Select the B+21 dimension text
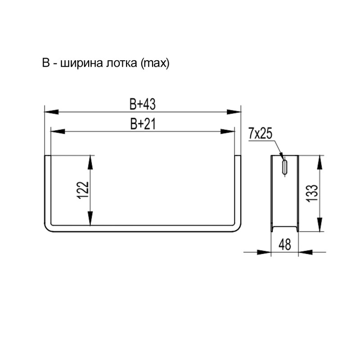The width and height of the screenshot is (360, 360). coord(143,124)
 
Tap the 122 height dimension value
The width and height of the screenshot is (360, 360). coord(83,190)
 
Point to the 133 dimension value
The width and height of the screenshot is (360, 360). coord(312,193)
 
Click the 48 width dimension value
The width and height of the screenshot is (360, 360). coord(285,244)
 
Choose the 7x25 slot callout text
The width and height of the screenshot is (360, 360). coord(260,134)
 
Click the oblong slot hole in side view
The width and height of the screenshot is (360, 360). coord(285,166)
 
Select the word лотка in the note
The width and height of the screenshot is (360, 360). coord(121,63)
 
